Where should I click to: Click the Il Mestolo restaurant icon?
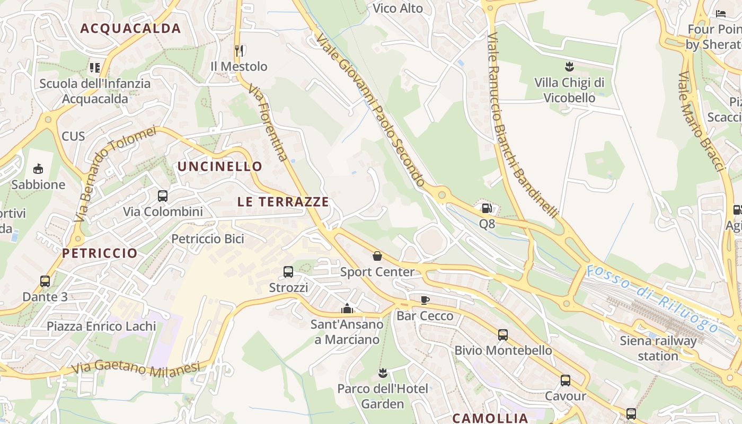coord(239,51)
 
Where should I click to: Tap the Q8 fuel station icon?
coord(487,208)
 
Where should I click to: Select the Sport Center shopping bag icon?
coord(377,257)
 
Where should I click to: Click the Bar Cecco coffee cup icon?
coord(425,301)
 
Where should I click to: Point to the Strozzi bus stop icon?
coord(288,272)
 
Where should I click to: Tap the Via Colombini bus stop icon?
coord(163,196)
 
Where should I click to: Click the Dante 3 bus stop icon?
coord(45,281)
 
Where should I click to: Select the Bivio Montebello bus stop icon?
coord(502,335)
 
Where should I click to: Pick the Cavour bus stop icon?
coord(566,381)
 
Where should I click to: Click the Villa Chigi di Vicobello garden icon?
coord(569,67)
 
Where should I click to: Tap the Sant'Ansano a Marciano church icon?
coord(347,308)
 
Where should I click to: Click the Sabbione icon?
coord(38,169)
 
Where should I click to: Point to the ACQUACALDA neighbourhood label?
coord(130,29)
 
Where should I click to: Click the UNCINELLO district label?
coord(220,166)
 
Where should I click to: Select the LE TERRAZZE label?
coord(283,202)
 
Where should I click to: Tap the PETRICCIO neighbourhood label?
coord(100,253)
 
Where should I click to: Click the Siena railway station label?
coord(658,348)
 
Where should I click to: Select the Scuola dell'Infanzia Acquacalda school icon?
coord(95,67)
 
